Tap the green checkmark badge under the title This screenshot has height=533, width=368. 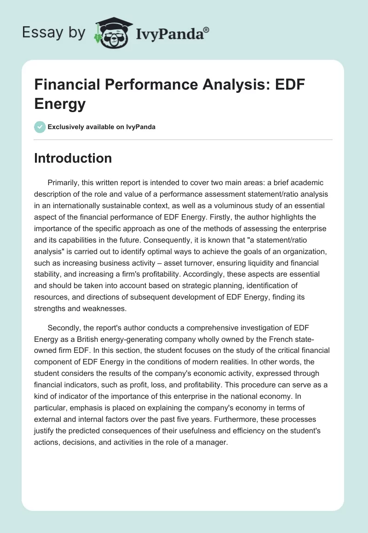pos(40,127)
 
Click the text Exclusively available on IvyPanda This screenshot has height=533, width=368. pos(102,127)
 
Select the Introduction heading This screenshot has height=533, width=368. pos(73,158)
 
